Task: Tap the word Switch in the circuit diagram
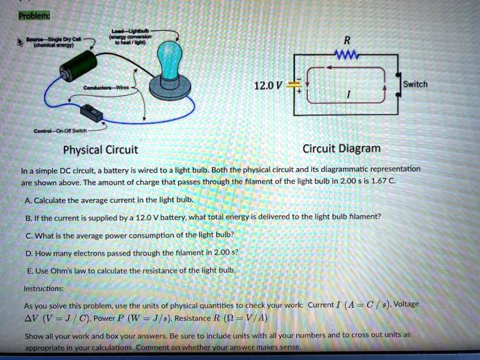[x=416, y=84]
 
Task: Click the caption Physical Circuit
[x=100, y=150]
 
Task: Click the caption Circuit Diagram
[x=341, y=148]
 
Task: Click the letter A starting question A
[x=27, y=200]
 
